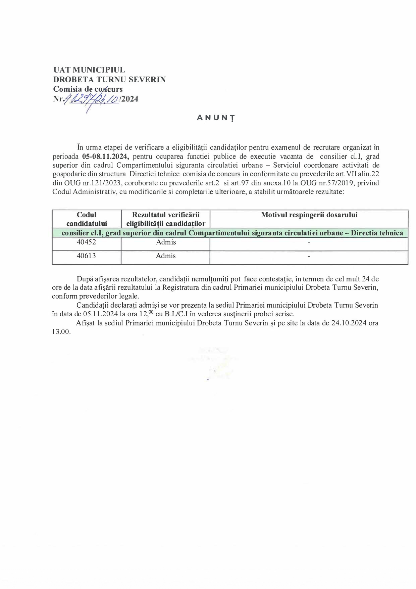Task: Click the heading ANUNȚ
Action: (216, 118)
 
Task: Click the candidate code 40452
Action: (87, 242)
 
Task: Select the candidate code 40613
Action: (87, 256)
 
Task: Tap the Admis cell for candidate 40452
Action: (166, 242)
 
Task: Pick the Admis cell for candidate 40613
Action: (166, 256)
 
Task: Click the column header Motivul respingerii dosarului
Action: (309, 215)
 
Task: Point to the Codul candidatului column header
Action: (87, 219)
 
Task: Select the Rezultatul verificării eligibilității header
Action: (166, 219)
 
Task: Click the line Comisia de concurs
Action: (88, 89)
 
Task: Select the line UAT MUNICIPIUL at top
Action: (89, 70)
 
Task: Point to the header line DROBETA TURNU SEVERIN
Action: (109, 80)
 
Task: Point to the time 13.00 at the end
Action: (61, 332)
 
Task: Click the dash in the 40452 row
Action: (309, 242)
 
